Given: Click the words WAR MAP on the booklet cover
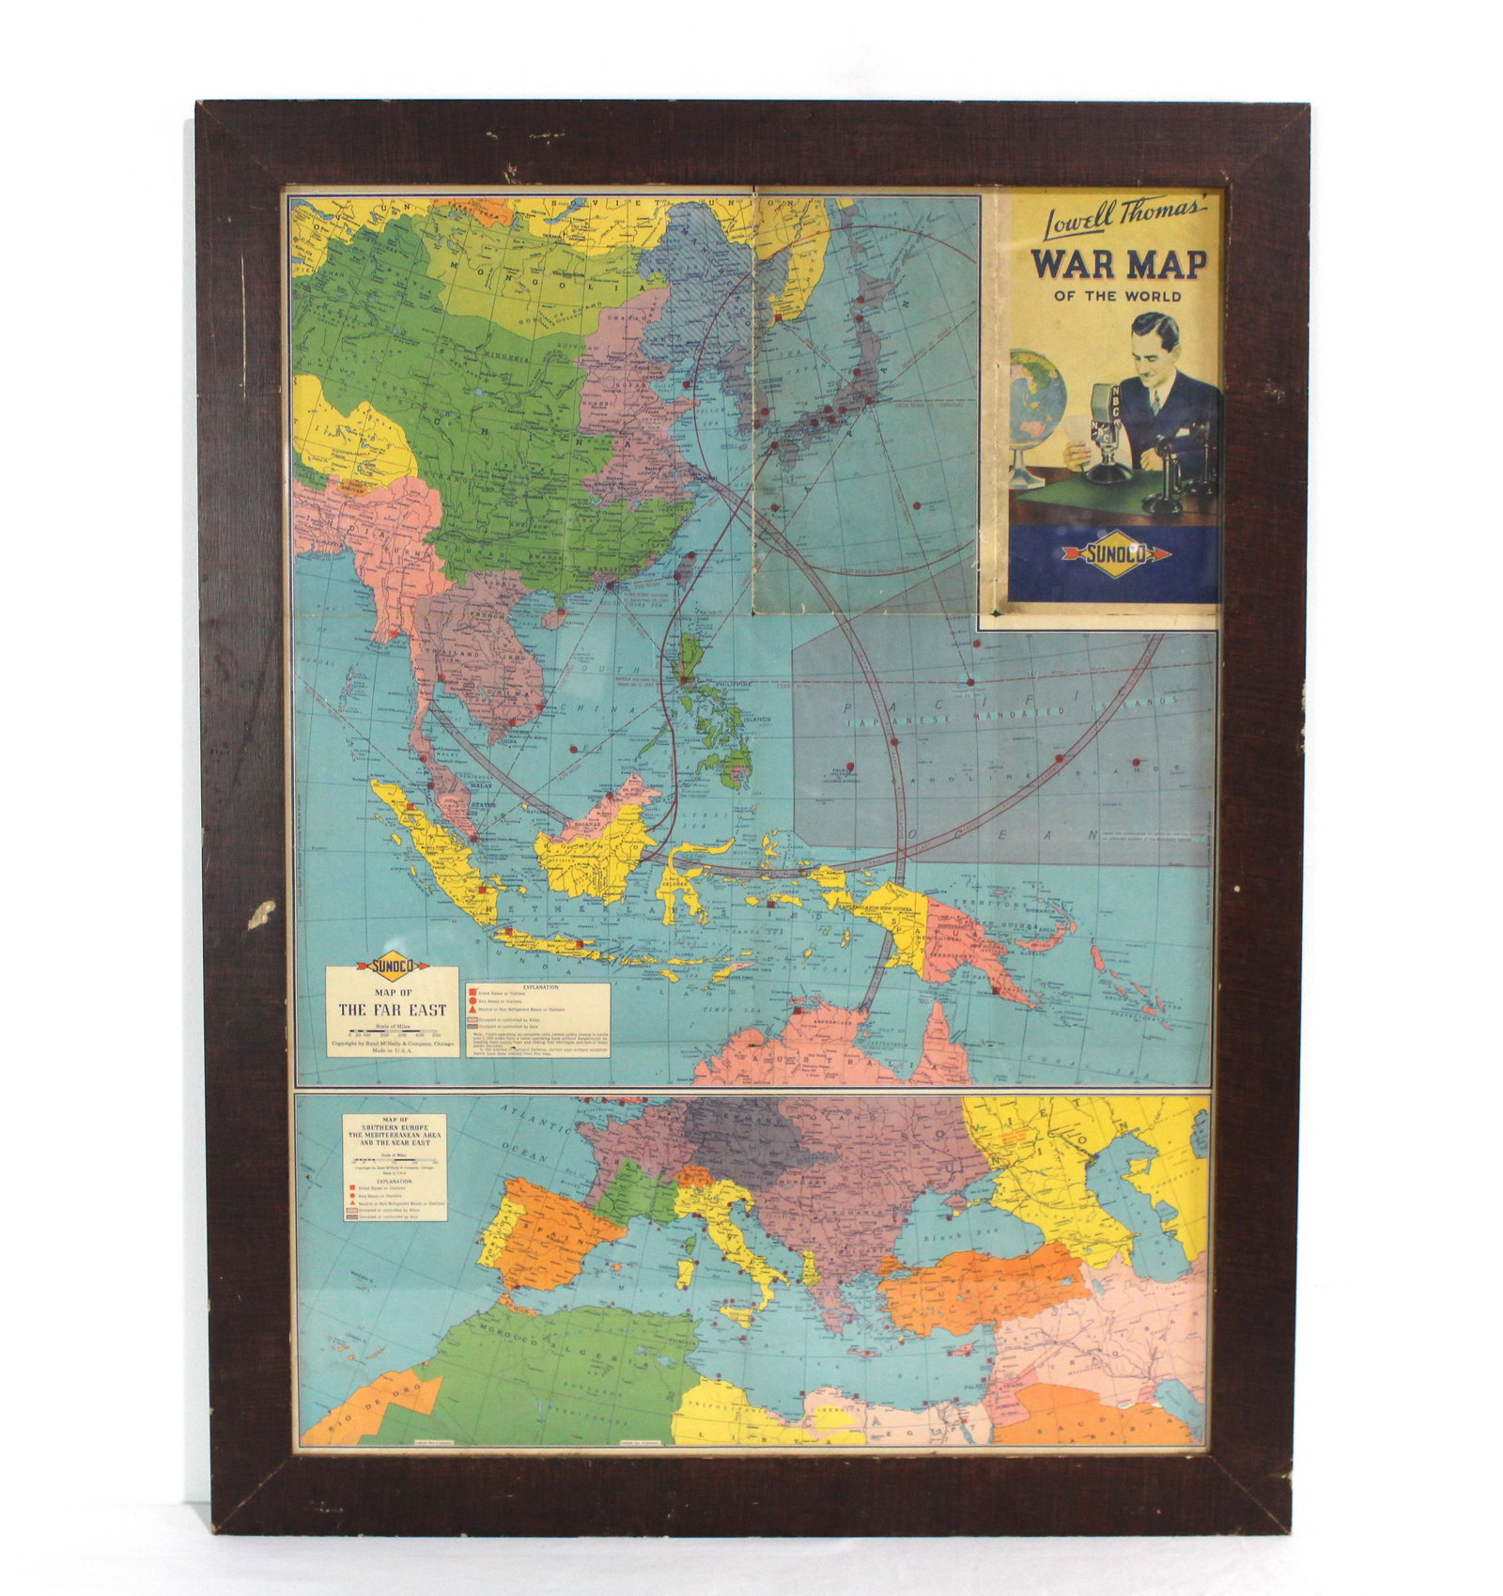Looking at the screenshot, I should pyautogui.click(x=1118, y=264).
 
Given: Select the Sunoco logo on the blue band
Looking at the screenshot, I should pyautogui.click(x=1116, y=554).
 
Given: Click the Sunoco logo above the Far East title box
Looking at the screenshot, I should pyautogui.click(x=393, y=967).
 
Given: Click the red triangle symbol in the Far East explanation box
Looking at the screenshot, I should pyautogui.click(x=473, y=1009).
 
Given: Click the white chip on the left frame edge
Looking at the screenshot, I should pyautogui.click(x=262, y=914).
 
